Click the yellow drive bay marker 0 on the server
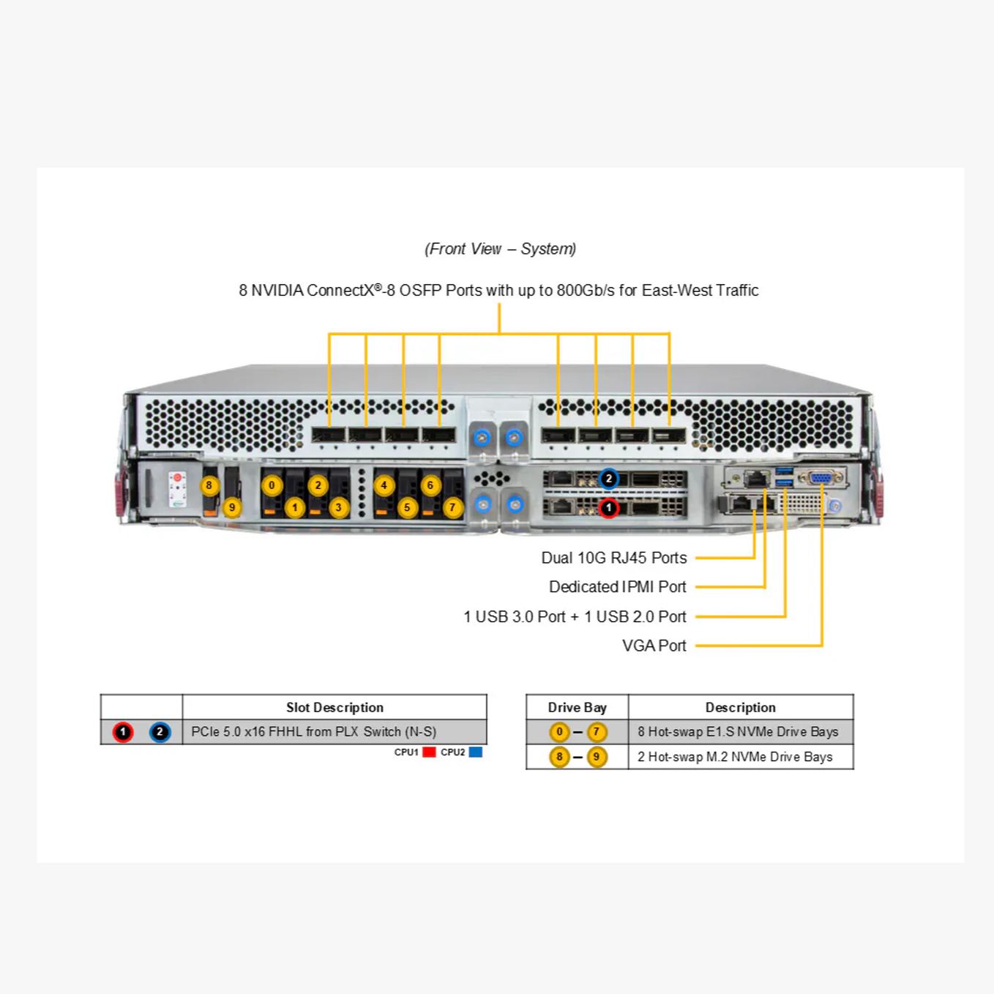pyautogui.click(x=272, y=485)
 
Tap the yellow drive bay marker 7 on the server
pyautogui.click(x=452, y=507)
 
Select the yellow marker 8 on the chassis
pyautogui.click(x=209, y=485)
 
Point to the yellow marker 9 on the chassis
pyautogui.click(x=232, y=507)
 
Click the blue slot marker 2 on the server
pyautogui.click(x=608, y=479)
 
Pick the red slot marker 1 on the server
pyautogui.click(x=608, y=507)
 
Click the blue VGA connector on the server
pyautogui.click(x=821, y=478)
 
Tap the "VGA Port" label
pyautogui.click(x=654, y=646)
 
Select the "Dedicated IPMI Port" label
pyautogui.click(x=617, y=587)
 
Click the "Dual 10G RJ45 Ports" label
pyautogui.click(x=613, y=558)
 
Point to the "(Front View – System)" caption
pyautogui.click(x=500, y=249)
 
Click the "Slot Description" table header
pyautogui.click(x=335, y=707)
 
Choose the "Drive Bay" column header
pyautogui.click(x=577, y=707)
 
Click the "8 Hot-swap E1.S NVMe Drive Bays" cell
pyautogui.click(x=737, y=731)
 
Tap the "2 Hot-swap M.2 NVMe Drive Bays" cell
pyautogui.click(x=734, y=757)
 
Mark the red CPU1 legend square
pyautogui.click(x=430, y=752)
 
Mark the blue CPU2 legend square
pyautogui.click(x=476, y=752)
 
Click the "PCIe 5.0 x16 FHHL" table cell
pyautogui.click(x=313, y=731)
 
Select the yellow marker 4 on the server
pyautogui.click(x=384, y=485)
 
